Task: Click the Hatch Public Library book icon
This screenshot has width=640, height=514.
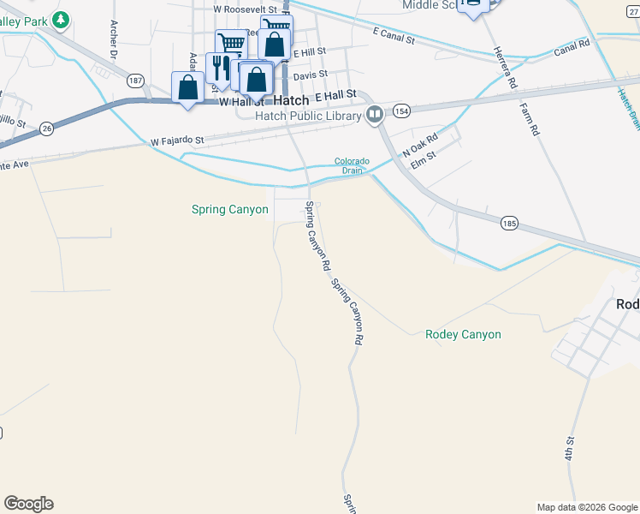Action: [375, 115]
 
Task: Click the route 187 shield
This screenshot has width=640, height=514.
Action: [135, 81]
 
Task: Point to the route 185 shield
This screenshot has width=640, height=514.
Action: [509, 223]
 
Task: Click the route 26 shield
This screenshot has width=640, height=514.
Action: [46, 128]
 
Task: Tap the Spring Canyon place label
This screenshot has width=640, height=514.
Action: [229, 209]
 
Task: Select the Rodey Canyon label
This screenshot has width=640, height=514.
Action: [463, 334]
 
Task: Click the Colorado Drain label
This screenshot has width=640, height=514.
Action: [352, 165]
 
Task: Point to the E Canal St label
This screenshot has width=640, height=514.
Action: [394, 39]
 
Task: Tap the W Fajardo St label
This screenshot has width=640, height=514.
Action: [178, 140]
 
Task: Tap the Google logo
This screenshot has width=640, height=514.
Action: [28, 504]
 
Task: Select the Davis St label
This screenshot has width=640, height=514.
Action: [311, 75]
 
